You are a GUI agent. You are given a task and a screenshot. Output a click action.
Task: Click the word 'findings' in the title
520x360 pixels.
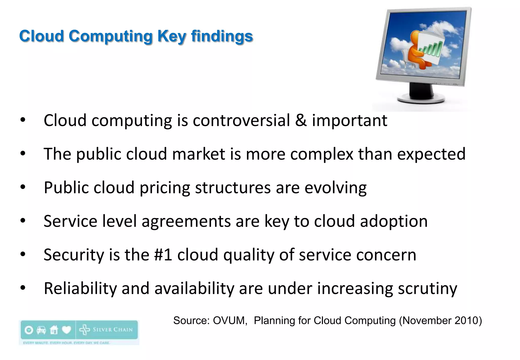(x=222, y=36)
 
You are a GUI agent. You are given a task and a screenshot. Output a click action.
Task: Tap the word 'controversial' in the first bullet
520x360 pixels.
(x=241, y=120)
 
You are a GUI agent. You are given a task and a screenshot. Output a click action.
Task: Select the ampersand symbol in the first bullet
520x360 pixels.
(x=301, y=120)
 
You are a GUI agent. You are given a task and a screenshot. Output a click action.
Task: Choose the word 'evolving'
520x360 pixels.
(x=335, y=188)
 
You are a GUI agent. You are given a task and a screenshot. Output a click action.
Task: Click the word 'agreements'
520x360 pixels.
(x=186, y=221)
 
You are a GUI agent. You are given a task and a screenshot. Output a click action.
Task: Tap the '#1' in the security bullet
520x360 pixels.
(x=163, y=255)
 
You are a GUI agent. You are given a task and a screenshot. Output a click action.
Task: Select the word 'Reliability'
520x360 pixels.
(x=80, y=289)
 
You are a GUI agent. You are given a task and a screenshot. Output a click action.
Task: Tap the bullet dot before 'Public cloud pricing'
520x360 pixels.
(x=23, y=187)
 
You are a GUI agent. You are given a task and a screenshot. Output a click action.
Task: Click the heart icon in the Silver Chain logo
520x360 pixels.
(x=67, y=330)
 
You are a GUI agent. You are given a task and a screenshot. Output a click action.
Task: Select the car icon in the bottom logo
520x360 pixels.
(x=41, y=330)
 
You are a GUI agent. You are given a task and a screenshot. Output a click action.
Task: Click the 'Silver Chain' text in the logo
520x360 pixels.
(x=112, y=330)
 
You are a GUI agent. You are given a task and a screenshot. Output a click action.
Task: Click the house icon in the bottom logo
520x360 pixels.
(x=54, y=330)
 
